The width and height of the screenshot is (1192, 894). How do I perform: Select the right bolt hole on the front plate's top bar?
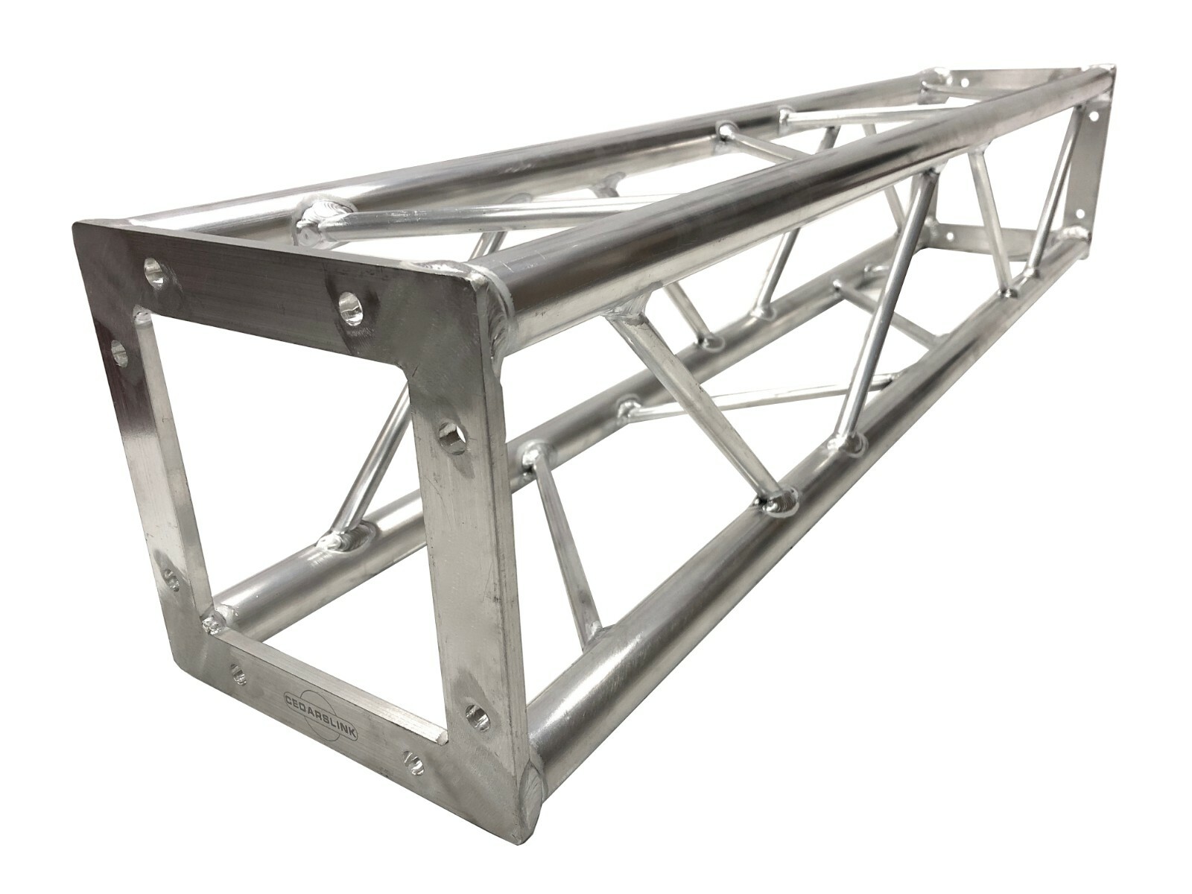tap(351, 307)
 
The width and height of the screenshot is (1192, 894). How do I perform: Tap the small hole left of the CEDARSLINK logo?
tap(238, 672)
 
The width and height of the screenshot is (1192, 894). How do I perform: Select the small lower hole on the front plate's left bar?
tap(170, 580)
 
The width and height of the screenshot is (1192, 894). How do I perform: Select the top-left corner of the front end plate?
tap(74, 223)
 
